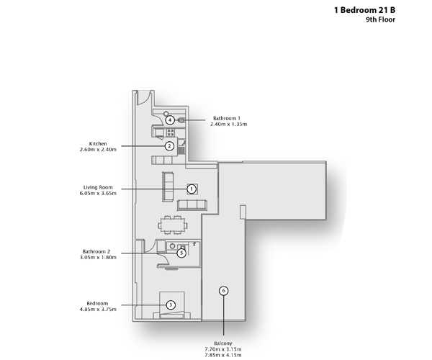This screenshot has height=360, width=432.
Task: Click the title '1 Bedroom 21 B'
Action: (364, 10)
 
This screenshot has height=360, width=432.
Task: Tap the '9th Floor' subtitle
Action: (380, 20)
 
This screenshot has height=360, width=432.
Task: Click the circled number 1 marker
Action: (192, 189)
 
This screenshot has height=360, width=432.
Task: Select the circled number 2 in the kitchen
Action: (169, 146)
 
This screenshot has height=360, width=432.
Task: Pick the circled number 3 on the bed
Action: (171, 305)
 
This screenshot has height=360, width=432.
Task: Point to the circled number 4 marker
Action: (170, 120)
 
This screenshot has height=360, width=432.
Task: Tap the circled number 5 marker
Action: (181, 253)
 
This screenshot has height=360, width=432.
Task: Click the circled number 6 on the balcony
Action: (224, 291)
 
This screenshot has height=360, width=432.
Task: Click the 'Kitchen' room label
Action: (98, 143)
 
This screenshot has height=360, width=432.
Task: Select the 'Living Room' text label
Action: (98, 187)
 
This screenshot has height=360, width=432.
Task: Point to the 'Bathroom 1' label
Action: (227, 118)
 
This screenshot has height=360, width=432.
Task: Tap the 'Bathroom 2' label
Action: (96, 251)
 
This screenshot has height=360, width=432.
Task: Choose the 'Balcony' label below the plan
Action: (223, 343)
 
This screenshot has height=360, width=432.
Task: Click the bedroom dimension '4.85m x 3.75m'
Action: (98, 309)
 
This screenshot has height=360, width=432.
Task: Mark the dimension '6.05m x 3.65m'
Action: (98, 193)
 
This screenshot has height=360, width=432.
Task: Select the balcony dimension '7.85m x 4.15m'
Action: (223, 355)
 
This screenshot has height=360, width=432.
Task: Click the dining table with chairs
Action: (173, 225)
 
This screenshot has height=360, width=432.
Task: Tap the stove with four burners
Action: (171, 132)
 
